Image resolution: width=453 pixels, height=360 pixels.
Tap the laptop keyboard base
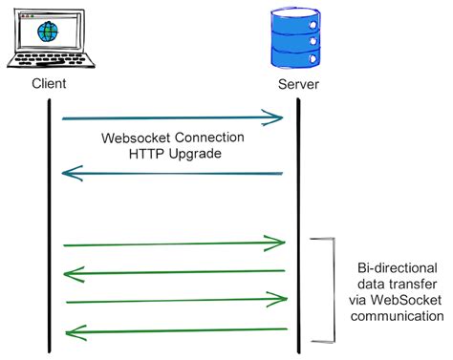(48, 62)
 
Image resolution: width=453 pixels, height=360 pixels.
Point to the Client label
(49, 84)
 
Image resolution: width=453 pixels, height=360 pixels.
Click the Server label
(298, 85)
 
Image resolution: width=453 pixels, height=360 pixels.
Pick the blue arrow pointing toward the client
(173, 174)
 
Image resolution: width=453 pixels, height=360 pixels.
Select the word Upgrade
(197, 153)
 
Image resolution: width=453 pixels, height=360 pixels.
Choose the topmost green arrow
(173, 244)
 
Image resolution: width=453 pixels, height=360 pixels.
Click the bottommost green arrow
(173, 330)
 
